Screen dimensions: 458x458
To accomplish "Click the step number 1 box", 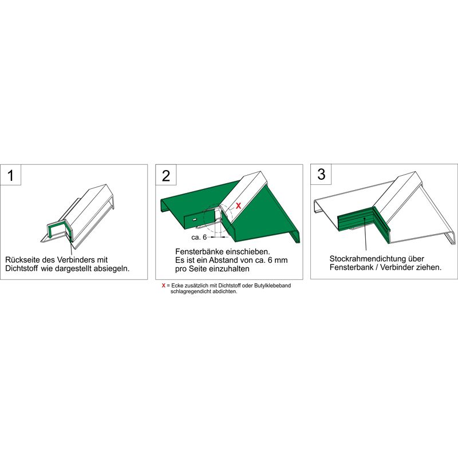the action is click(x=11, y=175).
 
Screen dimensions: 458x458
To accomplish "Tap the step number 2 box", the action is click(x=166, y=175).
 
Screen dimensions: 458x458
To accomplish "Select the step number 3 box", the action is click(x=321, y=175).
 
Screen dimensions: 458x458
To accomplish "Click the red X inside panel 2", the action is click(x=238, y=206).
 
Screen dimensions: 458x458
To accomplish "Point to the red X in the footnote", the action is click(x=164, y=285).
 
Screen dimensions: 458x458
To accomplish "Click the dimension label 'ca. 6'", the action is click(x=199, y=237).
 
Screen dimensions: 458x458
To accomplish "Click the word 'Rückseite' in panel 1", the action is click(x=23, y=260).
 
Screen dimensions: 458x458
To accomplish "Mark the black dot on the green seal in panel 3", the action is click(x=364, y=218).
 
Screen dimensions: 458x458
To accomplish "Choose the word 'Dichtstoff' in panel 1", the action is click(x=22, y=269).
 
